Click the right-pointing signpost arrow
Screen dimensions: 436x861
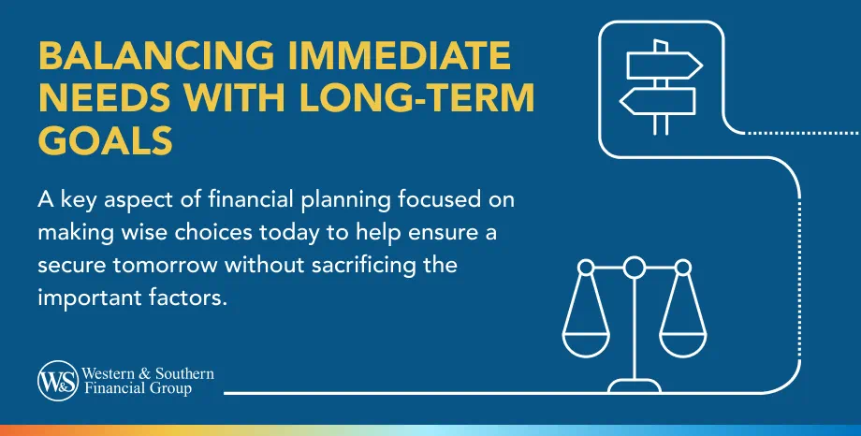664,65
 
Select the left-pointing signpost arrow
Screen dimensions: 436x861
658,100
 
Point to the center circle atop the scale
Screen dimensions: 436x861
635,269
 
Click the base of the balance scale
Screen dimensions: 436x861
634,384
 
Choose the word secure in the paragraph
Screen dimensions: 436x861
68,266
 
